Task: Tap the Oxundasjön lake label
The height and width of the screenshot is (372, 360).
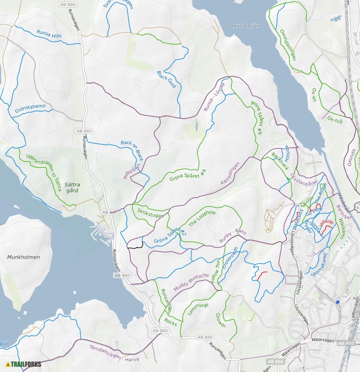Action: point(244,25)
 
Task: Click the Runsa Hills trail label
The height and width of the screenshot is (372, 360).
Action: point(49,33)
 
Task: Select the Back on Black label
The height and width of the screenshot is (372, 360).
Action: point(132,150)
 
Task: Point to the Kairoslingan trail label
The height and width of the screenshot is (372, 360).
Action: point(230,174)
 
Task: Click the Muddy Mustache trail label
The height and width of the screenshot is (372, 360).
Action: point(191,282)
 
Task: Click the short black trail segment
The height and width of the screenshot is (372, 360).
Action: point(136,245)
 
